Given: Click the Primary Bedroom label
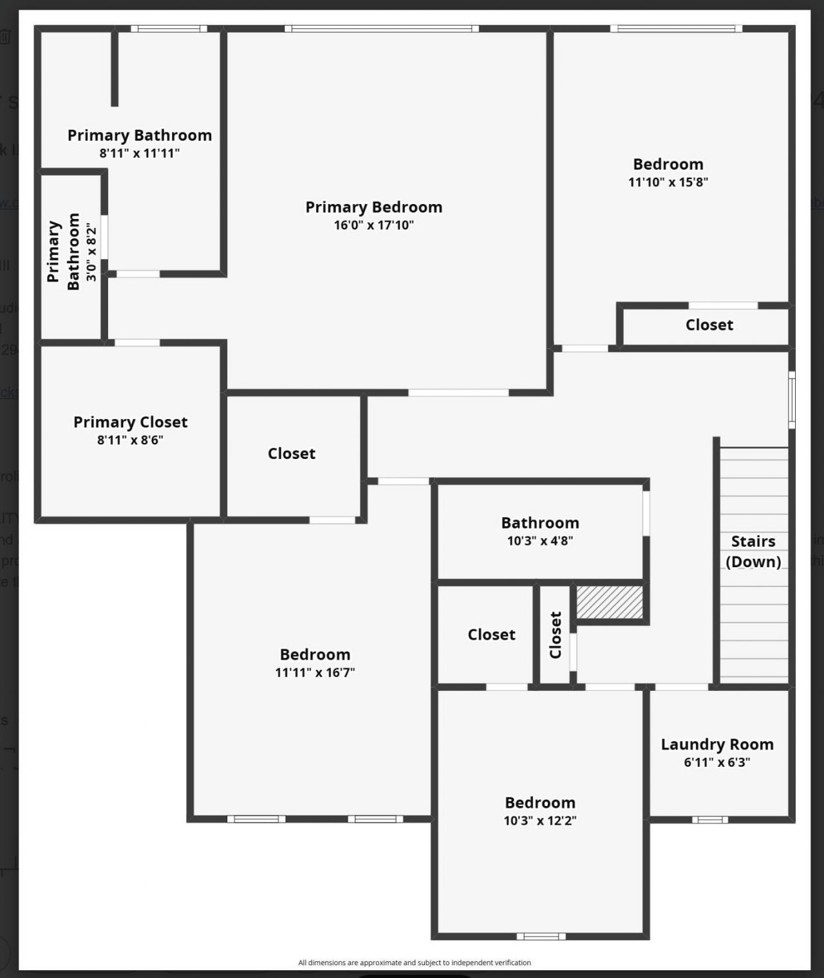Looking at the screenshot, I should pyautogui.click(x=373, y=207).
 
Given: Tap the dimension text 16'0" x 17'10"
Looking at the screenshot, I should pyautogui.click(x=373, y=225).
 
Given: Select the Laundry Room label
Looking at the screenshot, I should pyautogui.click(x=717, y=744).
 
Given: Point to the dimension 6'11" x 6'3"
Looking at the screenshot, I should pyautogui.click(x=717, y=762).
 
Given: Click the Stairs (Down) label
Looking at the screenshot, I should pyautogui.click(x=753, y=551).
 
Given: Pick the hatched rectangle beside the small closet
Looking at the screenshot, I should pyautogui.click(x=610, y=602).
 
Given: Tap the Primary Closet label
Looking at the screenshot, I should pyautogui.click(x=131, y=422).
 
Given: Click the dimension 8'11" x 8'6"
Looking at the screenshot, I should pyautogui.click(x=131, y=440).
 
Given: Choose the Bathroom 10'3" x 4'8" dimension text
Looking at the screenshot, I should pyautogui.click(x=540, y=541).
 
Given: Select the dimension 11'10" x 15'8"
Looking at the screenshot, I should pyautogui.click(x=668, y=182).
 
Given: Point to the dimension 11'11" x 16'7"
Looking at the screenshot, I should pyautogui.click(x=315, y=673).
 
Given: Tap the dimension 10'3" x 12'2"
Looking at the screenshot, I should pyautogui.click(x=540, y=821).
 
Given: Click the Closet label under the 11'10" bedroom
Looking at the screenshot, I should pyautogui.click(x=709, y=325).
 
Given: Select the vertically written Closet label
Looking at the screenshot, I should pyautogui.click(x=556, y=635).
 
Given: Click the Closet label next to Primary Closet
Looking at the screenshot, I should pyautogui.click(x=292, y=454).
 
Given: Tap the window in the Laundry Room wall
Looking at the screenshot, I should pyautogui.click(x=710, y=820).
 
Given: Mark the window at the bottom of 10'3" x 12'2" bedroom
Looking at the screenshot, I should pyautogui.click(x=541, y=936).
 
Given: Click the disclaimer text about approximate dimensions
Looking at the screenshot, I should pyautogui.click(x=415, y=963).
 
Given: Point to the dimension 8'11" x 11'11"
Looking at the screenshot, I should pyautogui.click(x=140, y=153).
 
